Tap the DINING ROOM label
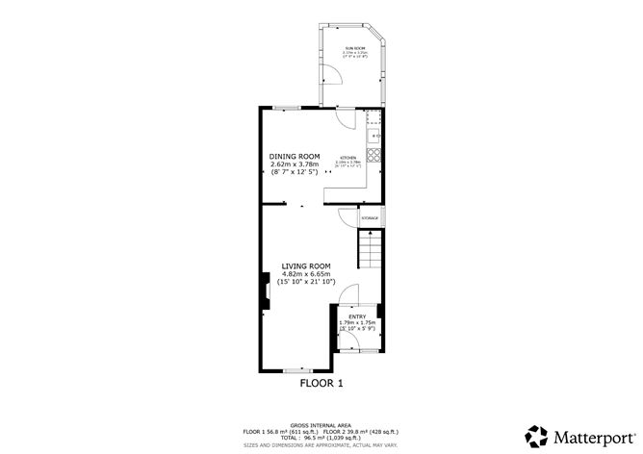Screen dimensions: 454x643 coord(294,156)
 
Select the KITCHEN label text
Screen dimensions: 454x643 coord(347,157)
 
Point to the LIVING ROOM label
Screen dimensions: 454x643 coord(306,266)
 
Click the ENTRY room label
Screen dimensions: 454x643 coord(357,315)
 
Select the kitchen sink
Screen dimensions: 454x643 coord(377,138)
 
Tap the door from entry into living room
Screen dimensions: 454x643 coord(350,294)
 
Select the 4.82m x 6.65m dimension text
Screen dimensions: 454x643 coord(306,275)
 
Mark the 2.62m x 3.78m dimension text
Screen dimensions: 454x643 coord(294,164)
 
